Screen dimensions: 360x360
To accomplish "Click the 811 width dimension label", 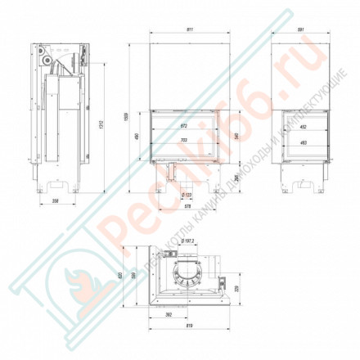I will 190,29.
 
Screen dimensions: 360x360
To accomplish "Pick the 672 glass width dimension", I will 183,127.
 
